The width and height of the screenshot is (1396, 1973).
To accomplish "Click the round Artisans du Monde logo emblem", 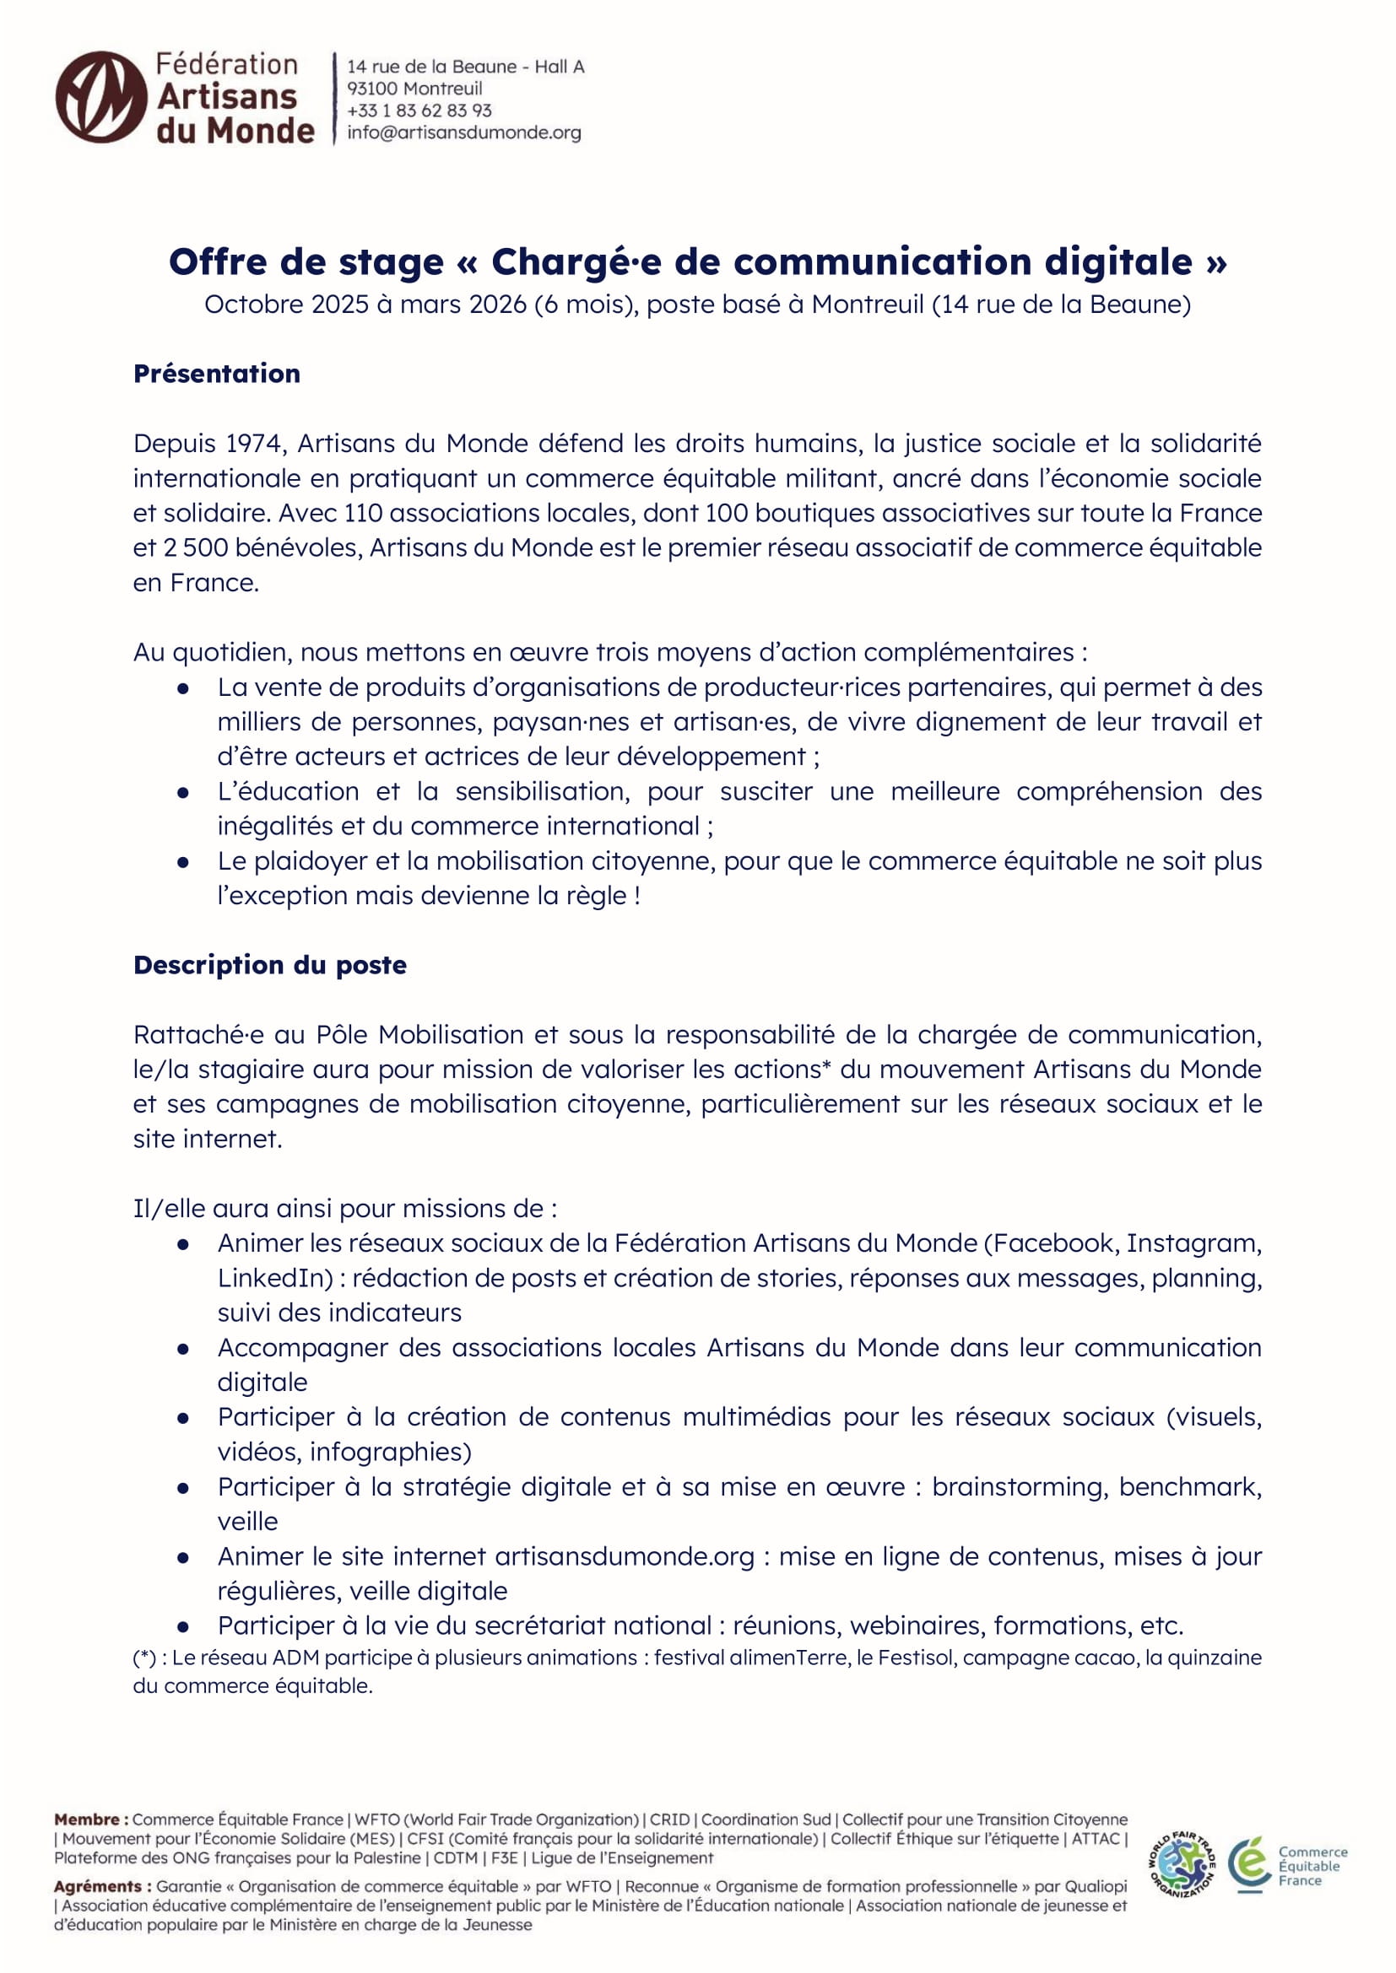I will coord(100,97).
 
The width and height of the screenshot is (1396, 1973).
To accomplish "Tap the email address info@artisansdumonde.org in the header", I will coord(463,133).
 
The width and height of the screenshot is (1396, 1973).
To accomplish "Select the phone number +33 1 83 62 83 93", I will coord(419,111).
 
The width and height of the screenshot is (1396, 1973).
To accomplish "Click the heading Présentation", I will coord(217,374).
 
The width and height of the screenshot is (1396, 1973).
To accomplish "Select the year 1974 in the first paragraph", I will coord(253,444).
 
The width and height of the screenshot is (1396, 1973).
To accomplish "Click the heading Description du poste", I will coord(270,965).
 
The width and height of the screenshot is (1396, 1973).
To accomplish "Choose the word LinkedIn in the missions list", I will coord(274,1278).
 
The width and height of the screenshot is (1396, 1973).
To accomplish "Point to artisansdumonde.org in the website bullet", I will coord(624,1556).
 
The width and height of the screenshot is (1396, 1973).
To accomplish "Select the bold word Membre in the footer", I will coord(87,1819).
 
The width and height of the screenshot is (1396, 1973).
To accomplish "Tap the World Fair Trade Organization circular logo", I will coord(1182,1864).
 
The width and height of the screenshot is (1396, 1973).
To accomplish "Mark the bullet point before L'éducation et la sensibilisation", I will coord(183,792).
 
